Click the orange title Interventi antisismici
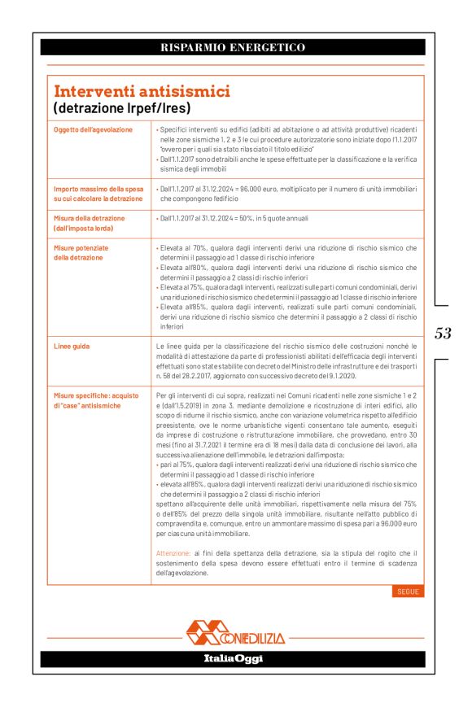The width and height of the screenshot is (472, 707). click(x=142, y=91)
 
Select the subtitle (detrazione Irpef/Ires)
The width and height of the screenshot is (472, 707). click(x=121, y=107)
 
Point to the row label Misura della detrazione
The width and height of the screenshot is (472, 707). click(x=90, y=218)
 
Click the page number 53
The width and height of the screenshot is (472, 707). click(x=443, y=333)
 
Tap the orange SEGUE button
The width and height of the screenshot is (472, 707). click(x=408, y=591)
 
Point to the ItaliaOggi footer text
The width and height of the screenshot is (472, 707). click(x=233, y=658)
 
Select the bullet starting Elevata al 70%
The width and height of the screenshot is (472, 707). click(x=285, y=252)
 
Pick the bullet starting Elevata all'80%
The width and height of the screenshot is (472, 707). click(x=285, y=272)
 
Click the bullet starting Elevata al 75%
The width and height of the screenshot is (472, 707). click(x=285, y=292)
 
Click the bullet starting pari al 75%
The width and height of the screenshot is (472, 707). click(x=285, y=469)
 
